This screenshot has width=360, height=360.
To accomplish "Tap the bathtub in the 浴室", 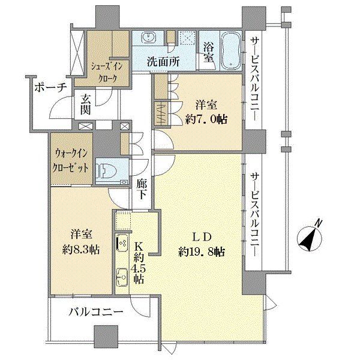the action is (x=231, y=50).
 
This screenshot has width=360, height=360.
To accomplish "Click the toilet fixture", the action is (x=107, y=171).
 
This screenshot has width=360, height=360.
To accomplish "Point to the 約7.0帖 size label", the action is (x=206, y=119).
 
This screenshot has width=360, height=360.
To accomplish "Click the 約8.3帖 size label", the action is (x=81, y=250).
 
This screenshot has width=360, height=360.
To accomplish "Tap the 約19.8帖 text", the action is (x=202, y=253).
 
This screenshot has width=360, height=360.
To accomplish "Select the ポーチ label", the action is (x=51, y=88).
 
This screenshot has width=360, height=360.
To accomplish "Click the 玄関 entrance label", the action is (x=85, y=106).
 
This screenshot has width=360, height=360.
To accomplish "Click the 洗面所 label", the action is (x=163, y=62).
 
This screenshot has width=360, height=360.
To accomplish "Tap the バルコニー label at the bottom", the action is (x=96, y=312).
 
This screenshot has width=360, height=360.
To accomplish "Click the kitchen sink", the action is (x=122, y=277).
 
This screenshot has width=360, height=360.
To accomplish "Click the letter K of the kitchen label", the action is (x=139, y=247).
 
